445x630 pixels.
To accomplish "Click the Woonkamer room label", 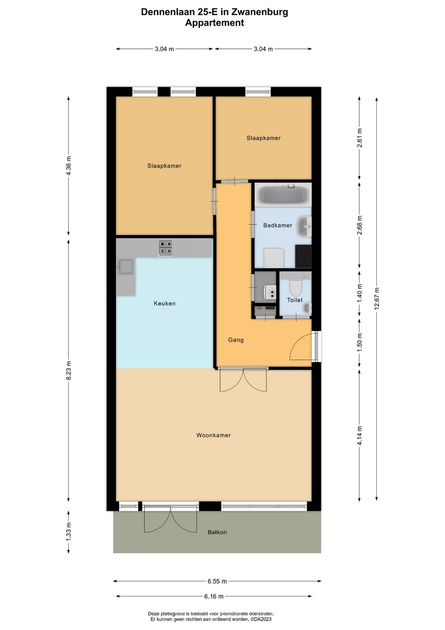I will click(213, 435).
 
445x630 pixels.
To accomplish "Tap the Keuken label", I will click(165, 303).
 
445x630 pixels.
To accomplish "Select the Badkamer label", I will click(277, 225).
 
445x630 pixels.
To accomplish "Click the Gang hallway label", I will click(235, 340).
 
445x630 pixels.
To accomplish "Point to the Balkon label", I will click(217, 532).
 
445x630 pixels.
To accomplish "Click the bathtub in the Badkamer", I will click(283, 195).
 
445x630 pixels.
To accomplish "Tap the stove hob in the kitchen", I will click(166, 248).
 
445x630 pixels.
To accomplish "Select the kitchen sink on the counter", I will click(126, 267).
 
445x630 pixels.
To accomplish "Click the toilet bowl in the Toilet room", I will click(295, 287).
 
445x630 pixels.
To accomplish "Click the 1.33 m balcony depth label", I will click(69, 532).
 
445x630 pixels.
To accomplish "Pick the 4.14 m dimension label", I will click(360, 435).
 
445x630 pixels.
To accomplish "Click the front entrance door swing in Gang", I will click(301, 348).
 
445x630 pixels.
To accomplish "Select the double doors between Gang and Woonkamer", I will click(243, 380).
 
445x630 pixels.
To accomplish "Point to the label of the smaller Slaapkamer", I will click(264, 138).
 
